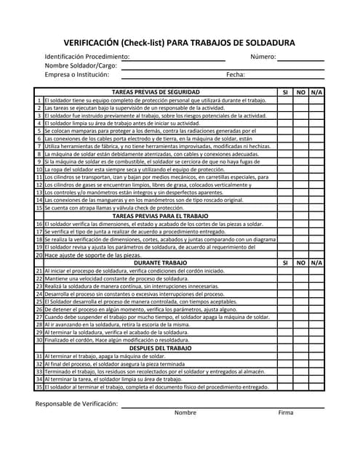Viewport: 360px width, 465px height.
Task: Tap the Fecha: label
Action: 235,74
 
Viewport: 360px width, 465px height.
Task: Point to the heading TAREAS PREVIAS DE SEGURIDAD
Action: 156,92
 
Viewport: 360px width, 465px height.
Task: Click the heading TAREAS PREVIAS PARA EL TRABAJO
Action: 156,216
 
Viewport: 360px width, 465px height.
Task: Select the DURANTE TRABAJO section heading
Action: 156,262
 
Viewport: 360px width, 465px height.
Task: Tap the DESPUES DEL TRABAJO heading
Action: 156,348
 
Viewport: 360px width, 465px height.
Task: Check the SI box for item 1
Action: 285,100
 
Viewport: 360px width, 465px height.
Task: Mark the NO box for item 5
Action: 301,131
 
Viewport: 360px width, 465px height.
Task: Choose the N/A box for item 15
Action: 316,208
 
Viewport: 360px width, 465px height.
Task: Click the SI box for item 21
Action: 285,270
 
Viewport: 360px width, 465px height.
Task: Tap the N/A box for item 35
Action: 316,387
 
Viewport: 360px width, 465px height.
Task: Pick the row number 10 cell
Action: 39,169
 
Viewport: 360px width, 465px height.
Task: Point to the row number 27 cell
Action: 39,317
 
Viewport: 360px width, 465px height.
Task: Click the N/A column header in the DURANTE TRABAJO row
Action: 316,262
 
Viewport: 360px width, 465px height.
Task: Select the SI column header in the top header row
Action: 285,92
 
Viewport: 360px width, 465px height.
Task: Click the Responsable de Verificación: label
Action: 76,403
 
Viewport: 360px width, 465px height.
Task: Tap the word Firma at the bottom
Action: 286,413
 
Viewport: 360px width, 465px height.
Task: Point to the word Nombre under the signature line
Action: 185,413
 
